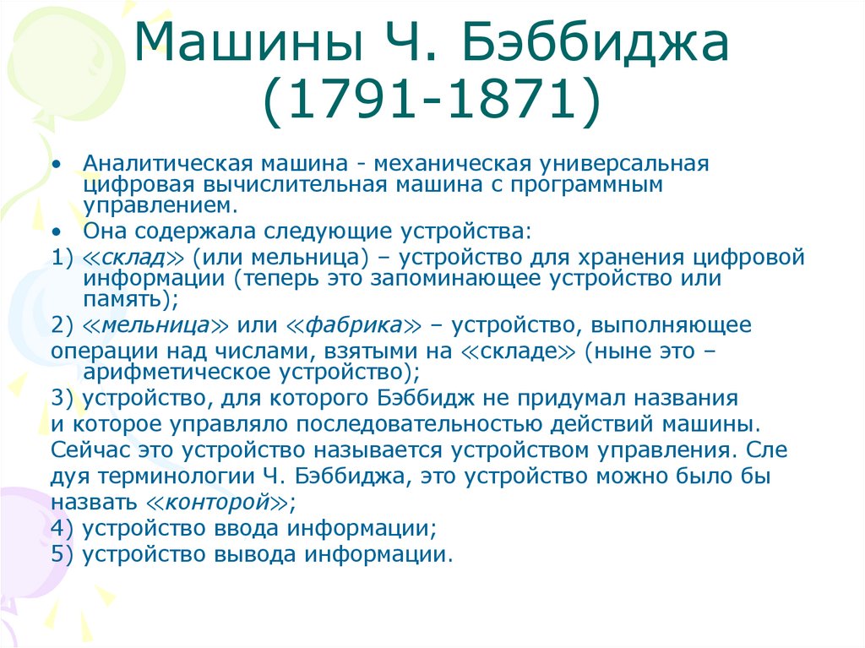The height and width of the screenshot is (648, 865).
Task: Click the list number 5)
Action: pos(63,554)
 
